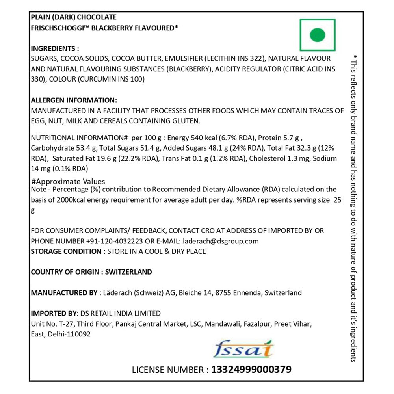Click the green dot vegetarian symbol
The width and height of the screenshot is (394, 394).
(317, 35)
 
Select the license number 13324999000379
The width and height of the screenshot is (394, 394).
(251, 370)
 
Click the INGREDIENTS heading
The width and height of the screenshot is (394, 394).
(55, 49)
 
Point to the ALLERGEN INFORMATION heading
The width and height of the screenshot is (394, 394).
(74, 100)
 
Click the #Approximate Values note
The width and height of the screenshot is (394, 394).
(68, 182)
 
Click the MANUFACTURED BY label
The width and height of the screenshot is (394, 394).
(64, 293)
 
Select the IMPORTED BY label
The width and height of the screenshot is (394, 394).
(54, 314)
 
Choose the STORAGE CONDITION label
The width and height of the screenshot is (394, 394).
(66, 251)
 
